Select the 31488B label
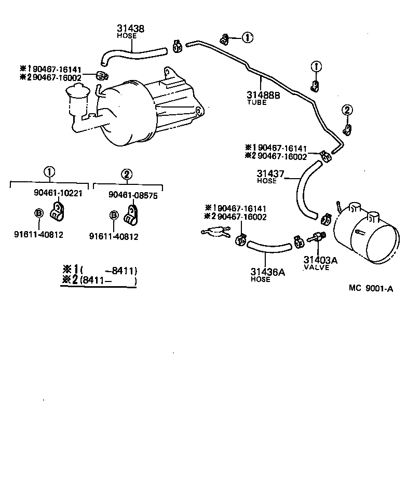pyautogui.click(x=263, y=95)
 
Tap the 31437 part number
pyautogui.click(x=270, y=174)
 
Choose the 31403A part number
pyautogui.click(x=320, y=260)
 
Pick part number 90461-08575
pyautogui.click(x=133, y=195)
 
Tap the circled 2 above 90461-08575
pyautogui.click(x=126, y=175)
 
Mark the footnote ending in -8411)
pyautogui.click(x=100, y=270)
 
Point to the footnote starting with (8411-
pyautogui.click(x=100, y=281)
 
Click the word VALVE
pyautogui.click(x=317, y=267)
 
